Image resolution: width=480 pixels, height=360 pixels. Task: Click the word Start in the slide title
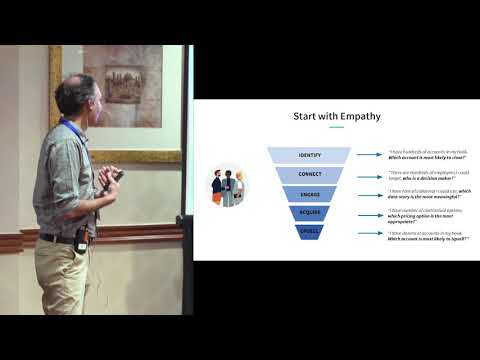point(307,116)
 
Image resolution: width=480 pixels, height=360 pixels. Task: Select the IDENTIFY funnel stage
point(309,155)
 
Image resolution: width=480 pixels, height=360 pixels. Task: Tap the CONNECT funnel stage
point(309,174)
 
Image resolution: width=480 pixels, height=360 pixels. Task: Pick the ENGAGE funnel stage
point(309,193)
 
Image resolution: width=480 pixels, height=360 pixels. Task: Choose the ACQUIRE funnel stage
point(309,213)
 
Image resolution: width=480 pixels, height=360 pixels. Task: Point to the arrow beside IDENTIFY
point(370,155)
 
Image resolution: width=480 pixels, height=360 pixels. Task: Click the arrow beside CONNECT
point(370,174)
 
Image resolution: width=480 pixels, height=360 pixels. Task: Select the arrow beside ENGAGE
point(370,194)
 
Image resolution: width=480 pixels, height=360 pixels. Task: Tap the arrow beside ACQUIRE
point(370,213)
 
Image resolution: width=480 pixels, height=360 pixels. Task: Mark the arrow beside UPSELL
point(370,233)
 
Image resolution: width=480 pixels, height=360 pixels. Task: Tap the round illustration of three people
point(228,186)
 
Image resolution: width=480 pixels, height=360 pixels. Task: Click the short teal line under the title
point(336,127)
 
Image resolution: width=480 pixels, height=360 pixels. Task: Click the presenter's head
point(74,98)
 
